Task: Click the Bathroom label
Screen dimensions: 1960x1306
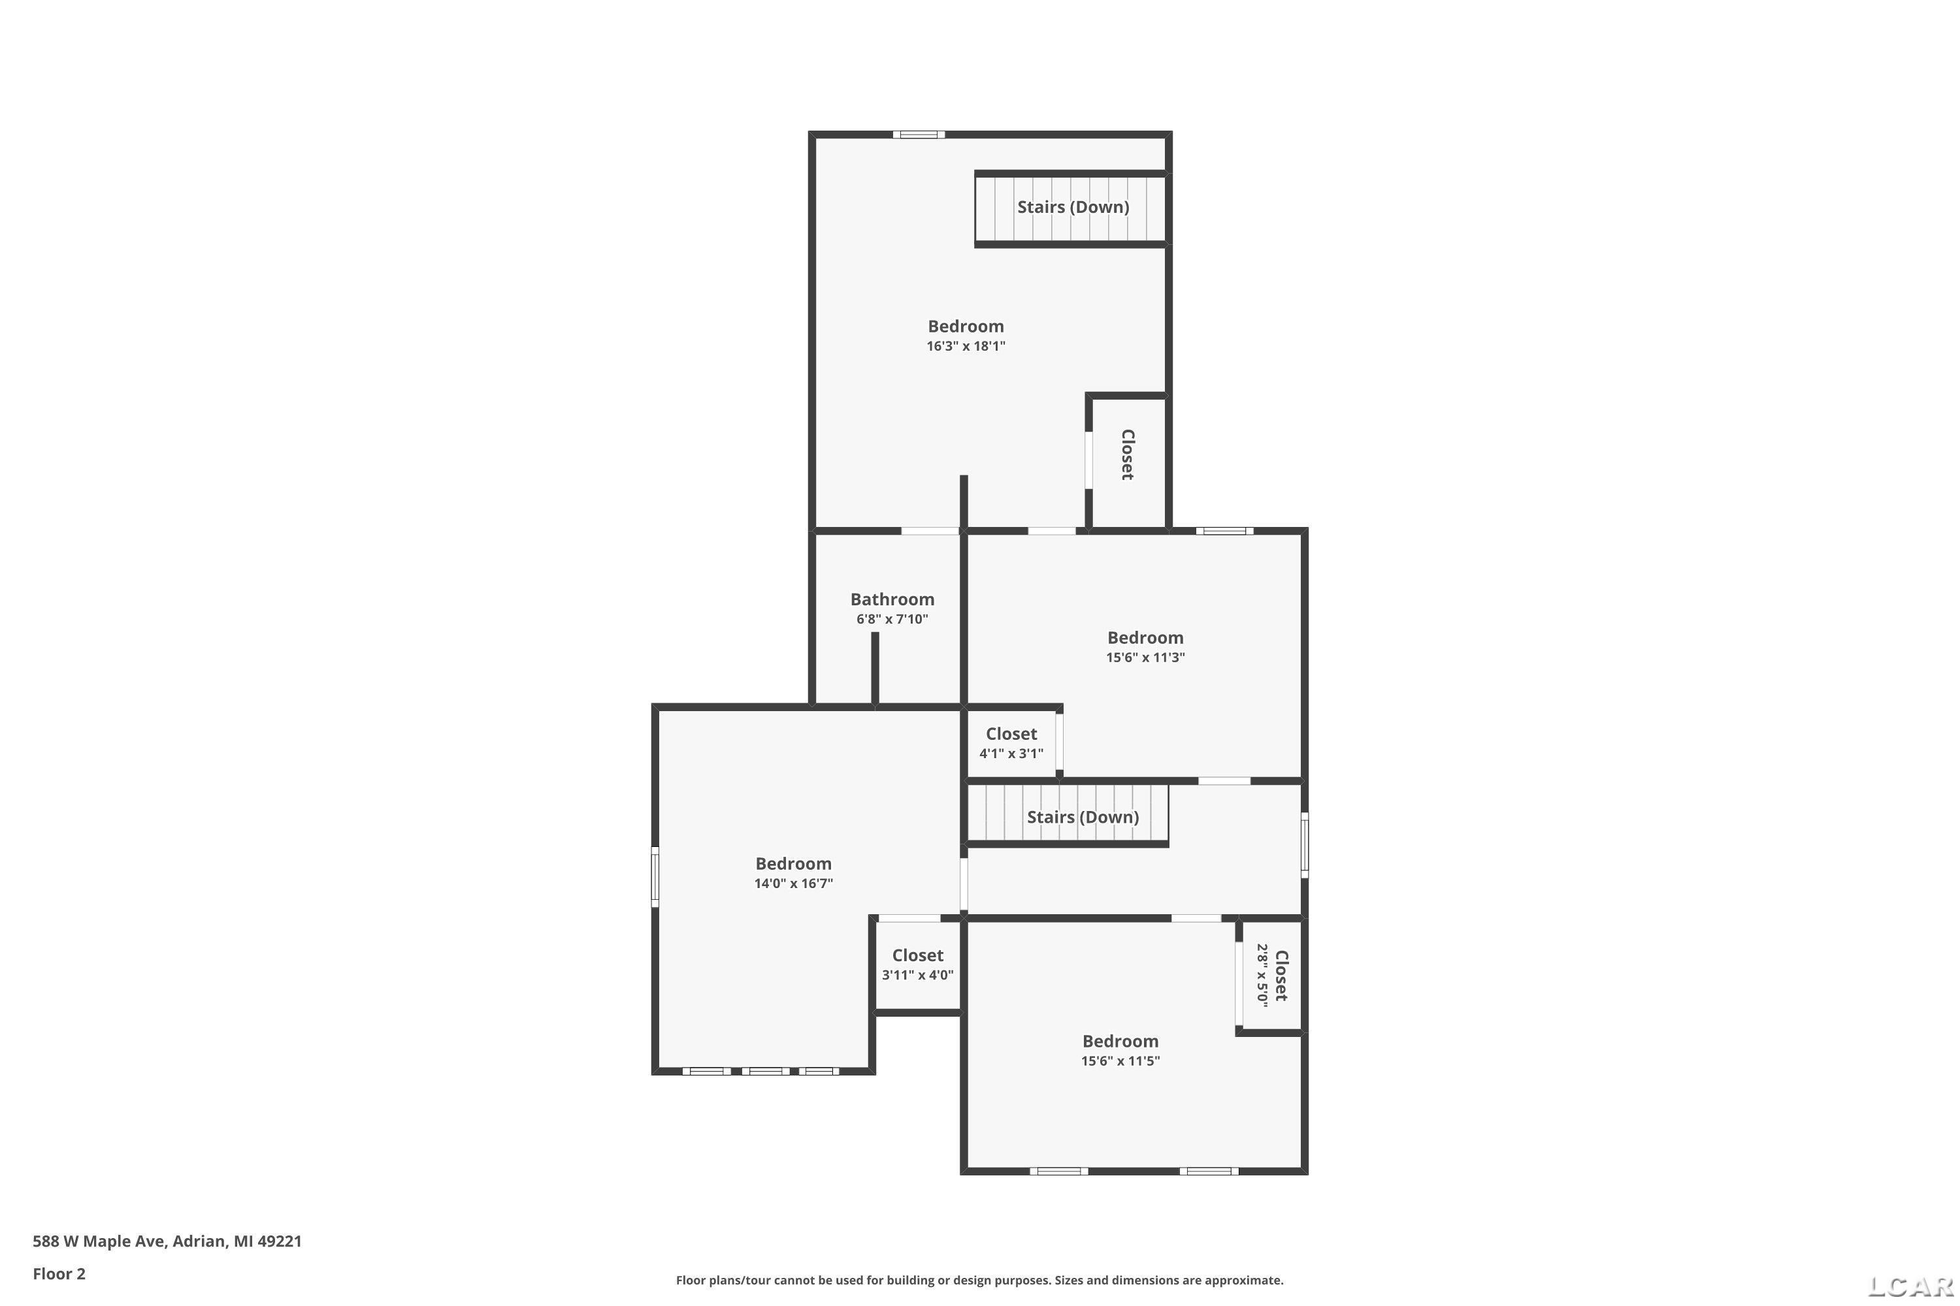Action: click(x=892, y=599)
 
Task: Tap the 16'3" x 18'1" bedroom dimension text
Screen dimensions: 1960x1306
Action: click(x=966, y=345)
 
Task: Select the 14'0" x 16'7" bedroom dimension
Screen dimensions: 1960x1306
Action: click(x=793, y=883)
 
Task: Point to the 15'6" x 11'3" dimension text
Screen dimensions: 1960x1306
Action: click(x=1145, y=656)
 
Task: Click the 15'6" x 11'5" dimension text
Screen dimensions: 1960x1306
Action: click(x=1120, y=1060)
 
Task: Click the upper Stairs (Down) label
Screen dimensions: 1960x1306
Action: click(x=1073, y=206)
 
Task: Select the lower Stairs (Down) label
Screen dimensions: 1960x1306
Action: click(x=1083, y=817)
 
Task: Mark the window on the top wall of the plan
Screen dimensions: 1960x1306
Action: click(x=919, y=134)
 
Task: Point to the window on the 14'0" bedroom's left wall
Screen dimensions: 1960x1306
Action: click(x=655, y=876)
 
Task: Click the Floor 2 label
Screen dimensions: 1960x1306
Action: click(x=59, y=1273)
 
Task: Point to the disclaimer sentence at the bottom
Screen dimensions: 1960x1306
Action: click(x=979, y=1280)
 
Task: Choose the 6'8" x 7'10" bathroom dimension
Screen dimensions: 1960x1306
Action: click(x=892, y=619)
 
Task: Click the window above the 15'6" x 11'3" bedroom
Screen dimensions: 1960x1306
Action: click(x=1225, y=530)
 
